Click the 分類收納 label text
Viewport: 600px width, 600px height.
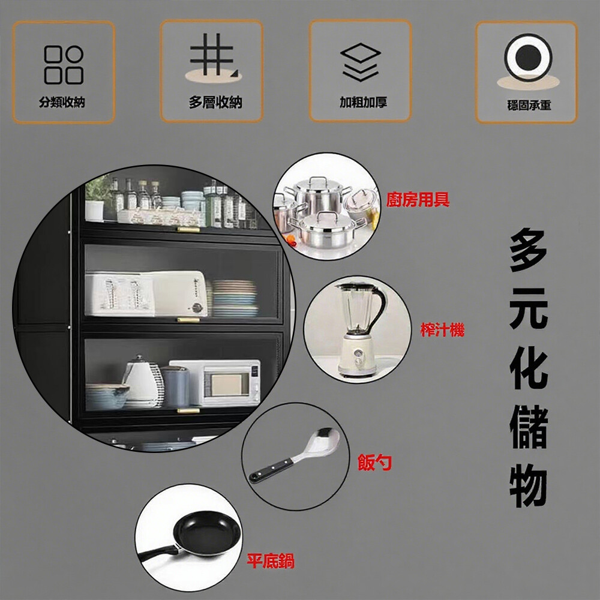[x=62, y=102]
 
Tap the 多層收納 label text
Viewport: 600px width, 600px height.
[x=215, y=102]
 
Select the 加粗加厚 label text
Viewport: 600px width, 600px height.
[x=364, y=102]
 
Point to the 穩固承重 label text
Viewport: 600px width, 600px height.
[x=529, y=105]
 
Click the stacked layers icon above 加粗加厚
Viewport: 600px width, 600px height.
[x=361, y=62]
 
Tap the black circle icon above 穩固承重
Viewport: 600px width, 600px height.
[x=528, y=58]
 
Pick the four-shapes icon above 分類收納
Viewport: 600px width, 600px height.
[x=64, y=65]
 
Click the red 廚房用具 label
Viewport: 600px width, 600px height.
[x=418, y=200]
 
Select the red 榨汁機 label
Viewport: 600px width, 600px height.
[x=442, y=329]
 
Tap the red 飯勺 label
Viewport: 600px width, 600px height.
[x=374, y=462]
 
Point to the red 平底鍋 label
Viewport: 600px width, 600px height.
[x=271, y=561]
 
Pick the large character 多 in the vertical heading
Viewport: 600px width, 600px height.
[x=529, y=251]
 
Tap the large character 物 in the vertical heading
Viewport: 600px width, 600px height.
[x=529, y=486]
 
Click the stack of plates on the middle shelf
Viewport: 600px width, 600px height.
[x=234, y=298]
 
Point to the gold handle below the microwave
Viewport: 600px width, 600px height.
[x=188, y=411]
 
